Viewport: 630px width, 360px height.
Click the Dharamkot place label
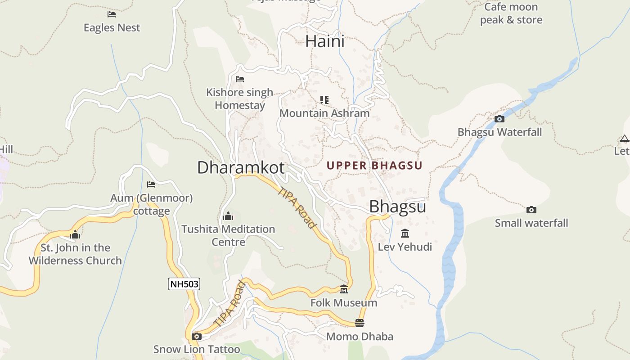241,167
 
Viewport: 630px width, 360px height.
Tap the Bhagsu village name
397,207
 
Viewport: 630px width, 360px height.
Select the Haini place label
325,41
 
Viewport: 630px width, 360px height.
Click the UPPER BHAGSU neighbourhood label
374,166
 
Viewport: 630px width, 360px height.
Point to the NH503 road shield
184,284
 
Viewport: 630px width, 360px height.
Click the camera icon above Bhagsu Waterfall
499,119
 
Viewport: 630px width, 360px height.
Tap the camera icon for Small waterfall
531,210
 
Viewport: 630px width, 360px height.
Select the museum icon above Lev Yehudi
405,234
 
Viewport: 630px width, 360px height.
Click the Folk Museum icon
344,289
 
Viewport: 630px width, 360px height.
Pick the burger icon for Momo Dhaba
359,323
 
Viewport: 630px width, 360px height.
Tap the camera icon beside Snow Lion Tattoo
196,337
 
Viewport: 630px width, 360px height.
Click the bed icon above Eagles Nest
112,14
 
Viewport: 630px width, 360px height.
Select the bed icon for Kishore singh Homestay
240,79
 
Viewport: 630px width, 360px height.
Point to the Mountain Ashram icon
324,100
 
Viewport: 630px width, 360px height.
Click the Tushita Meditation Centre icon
228,216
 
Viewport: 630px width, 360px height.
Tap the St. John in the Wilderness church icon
75,235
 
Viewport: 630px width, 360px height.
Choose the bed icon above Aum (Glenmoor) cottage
151,184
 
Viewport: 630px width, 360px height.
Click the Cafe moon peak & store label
511,13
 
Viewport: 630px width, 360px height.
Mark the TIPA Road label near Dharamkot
297,207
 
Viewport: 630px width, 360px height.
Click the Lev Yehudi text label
405,247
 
